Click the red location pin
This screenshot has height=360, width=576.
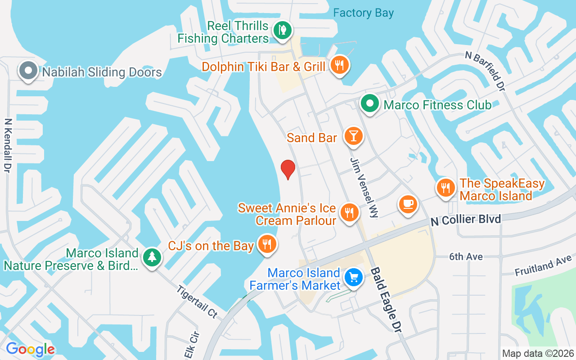coord(288,169)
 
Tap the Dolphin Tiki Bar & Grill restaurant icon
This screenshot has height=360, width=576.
coord(340,66)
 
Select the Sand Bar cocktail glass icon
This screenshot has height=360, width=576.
coord(353,136)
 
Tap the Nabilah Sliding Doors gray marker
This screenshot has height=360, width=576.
coord(29,71)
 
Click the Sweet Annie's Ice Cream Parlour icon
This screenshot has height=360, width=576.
coord(348,212)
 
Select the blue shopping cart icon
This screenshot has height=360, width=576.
coord(354,277)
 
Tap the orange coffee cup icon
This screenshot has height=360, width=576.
coord(408,204)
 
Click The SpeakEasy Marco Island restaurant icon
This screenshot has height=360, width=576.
coord(445,188)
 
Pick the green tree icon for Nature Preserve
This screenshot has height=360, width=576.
coord(152,257)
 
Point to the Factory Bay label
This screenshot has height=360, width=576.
coord(363,13)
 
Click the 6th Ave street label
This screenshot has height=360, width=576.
coord(466,256)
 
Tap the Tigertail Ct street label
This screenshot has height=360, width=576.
coord(197,302)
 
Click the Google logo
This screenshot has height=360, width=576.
coord(30,349)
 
